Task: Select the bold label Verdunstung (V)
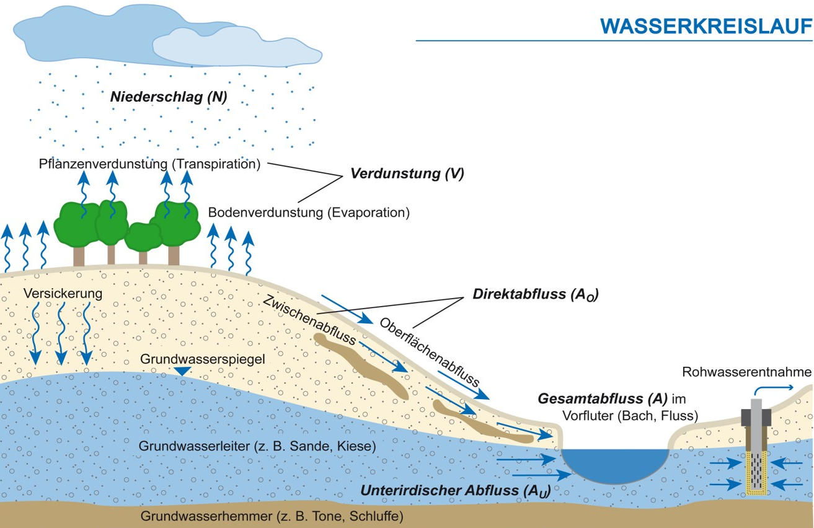[407, 174]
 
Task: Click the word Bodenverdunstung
[265, 213]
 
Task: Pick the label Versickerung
[63, 293]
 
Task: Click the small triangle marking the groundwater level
[182, 371]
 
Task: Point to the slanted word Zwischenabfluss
[308, 319]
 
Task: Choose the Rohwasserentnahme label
[746, 372]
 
